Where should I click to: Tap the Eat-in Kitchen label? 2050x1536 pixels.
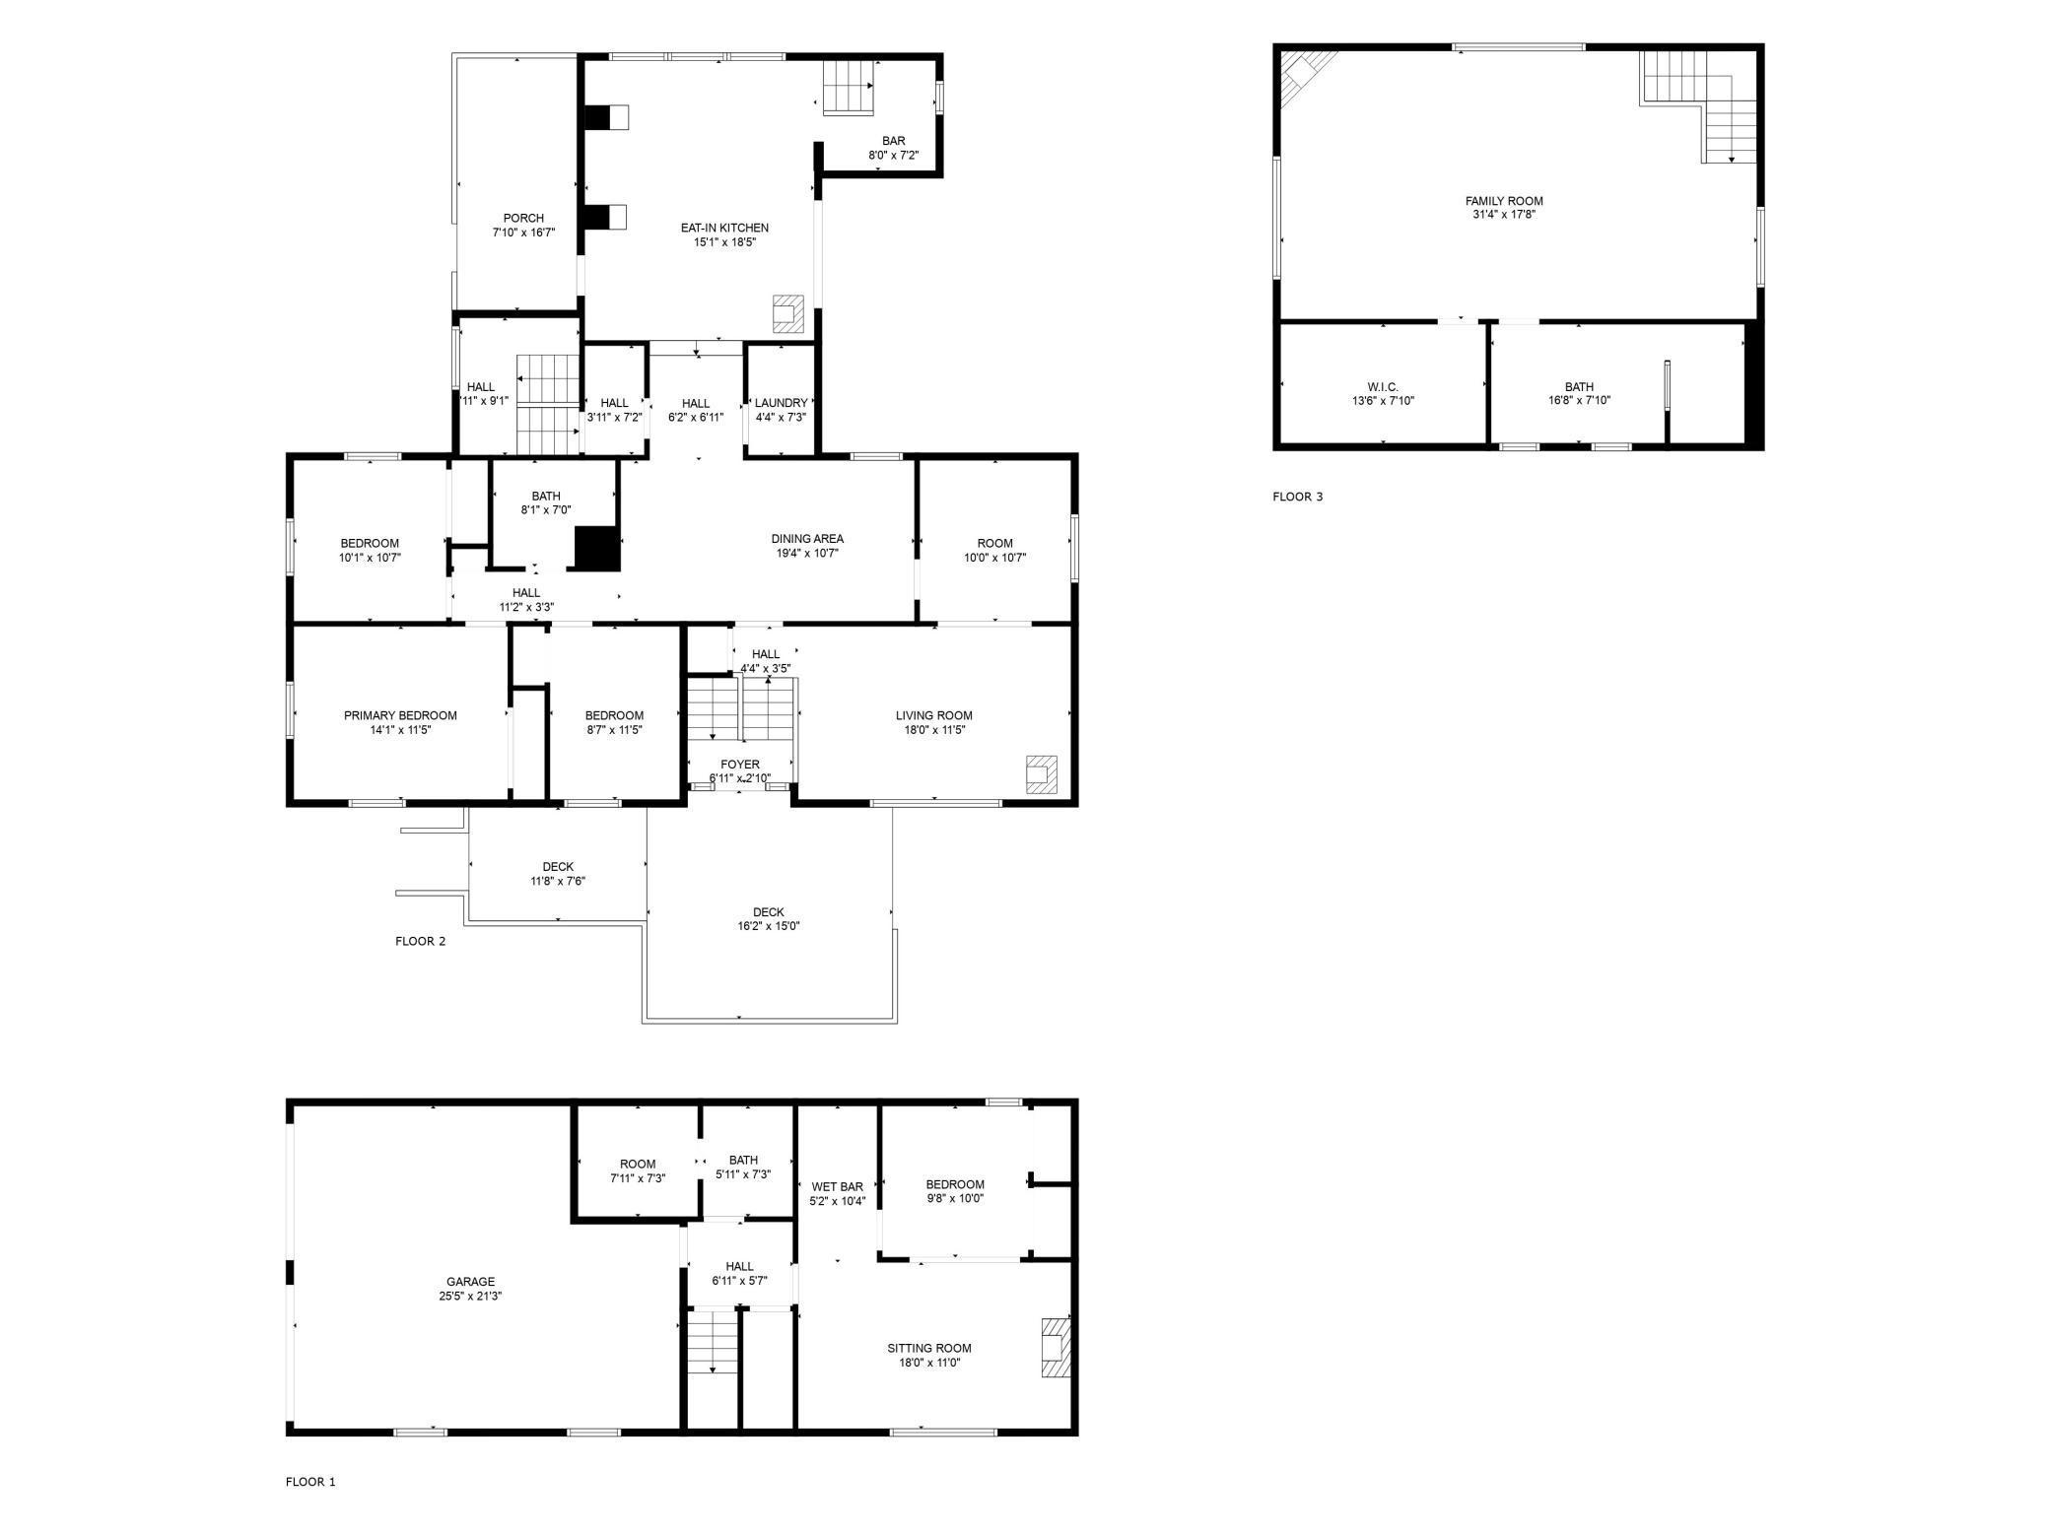point(724,228)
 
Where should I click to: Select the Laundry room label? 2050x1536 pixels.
point(781,403)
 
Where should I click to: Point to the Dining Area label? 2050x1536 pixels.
point(807,539)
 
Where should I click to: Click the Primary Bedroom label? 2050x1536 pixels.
point(400,715)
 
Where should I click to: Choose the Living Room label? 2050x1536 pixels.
point(933,715)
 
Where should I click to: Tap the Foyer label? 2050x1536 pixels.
point(740,765)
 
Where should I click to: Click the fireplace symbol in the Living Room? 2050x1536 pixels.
point(1041,774)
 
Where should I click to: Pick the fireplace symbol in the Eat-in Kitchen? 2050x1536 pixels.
point(788,313)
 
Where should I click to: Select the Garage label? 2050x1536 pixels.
point(470,1282)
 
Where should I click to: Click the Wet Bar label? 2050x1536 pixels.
point(837,1187)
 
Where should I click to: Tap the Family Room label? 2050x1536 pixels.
point(1504,201)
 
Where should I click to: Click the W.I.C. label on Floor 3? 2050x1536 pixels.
point(1383,387)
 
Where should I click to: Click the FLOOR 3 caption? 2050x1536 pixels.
point(1297,497)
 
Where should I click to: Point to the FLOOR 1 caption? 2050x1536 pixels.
point(310,1482)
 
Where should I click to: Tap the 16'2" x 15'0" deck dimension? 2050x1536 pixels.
point(768,926)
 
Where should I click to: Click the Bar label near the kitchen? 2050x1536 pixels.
point(893,141)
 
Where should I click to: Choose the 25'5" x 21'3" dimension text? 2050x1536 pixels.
point(470,1297)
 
